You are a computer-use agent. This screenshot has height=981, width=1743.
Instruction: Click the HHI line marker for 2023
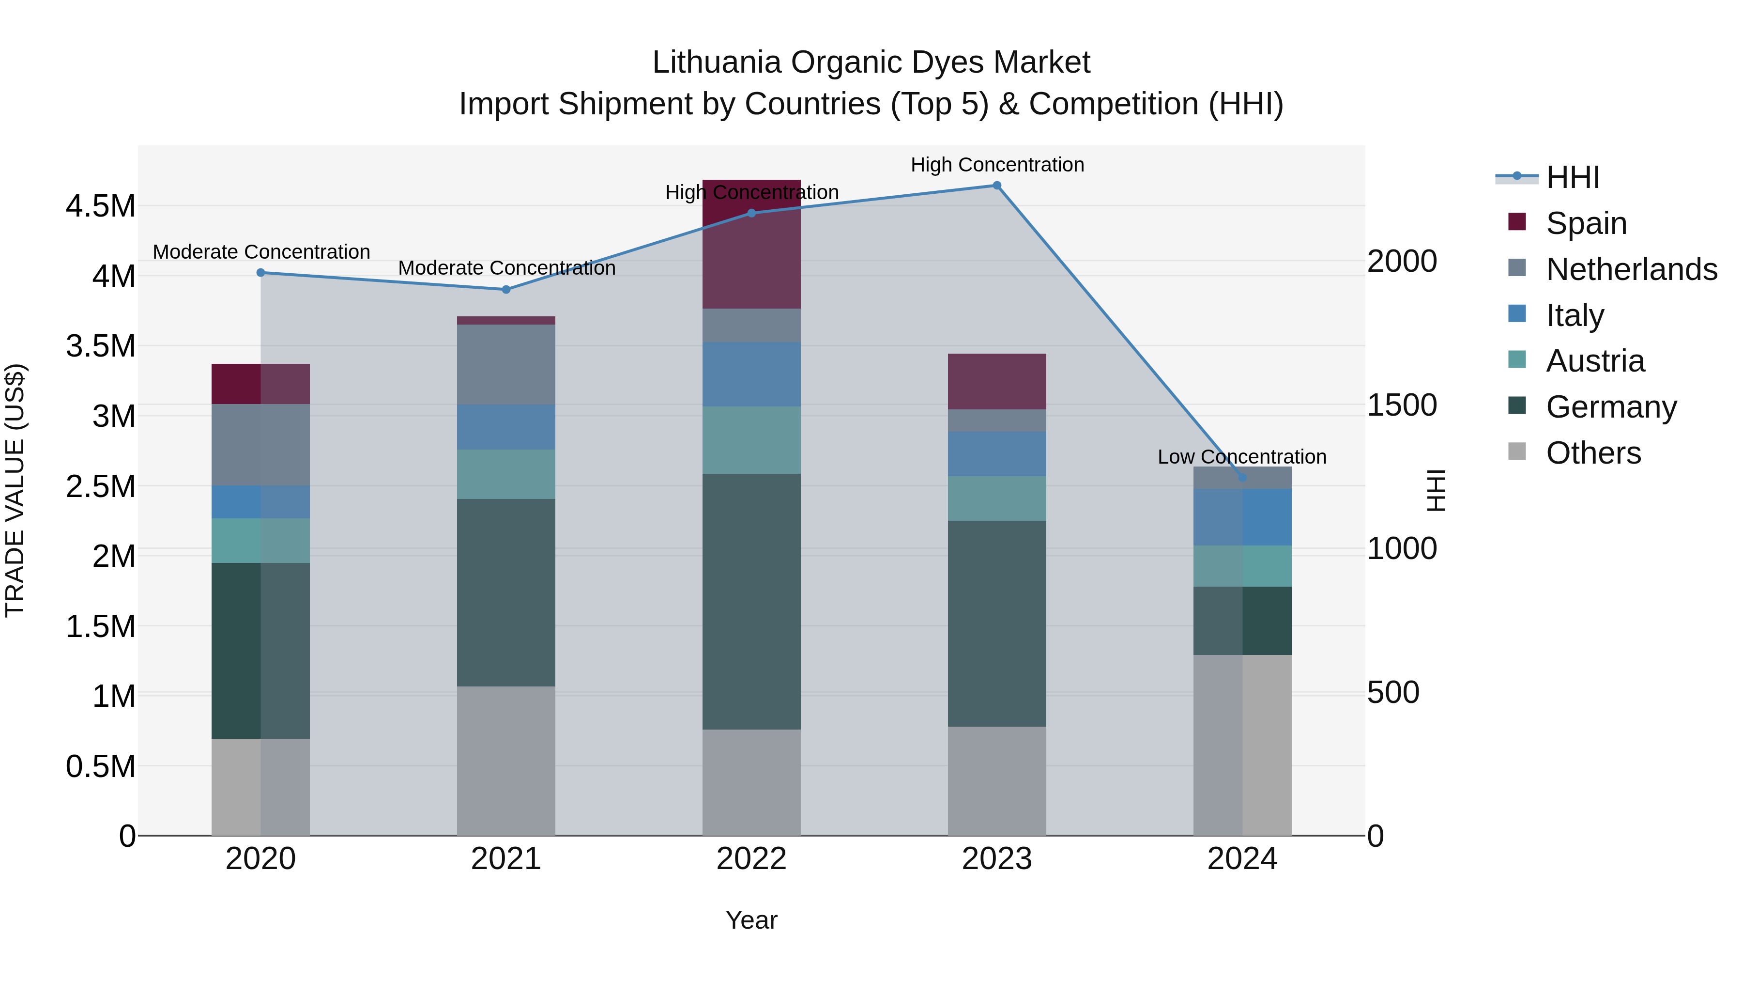[997, 186]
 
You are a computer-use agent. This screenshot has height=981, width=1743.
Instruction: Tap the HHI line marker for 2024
[1242, 477]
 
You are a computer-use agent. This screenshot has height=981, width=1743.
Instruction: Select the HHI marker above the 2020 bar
[260, 273]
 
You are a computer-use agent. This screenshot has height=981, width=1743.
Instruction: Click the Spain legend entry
[1585, 223]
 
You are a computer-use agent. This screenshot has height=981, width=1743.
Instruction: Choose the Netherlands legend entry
[1631, 269]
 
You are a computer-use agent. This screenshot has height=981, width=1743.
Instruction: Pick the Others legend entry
[1593, 453]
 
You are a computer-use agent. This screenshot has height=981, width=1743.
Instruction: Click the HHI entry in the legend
[1573, 177]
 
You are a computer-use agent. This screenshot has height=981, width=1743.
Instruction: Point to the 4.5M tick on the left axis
[100, 206]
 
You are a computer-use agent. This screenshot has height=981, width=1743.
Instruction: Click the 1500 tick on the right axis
[1402, 405]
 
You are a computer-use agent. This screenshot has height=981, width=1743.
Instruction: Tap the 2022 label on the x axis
[751, 859]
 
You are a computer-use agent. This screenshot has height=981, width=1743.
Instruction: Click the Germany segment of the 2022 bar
[751, 601]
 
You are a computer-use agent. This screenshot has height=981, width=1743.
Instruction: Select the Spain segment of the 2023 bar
[997, 381]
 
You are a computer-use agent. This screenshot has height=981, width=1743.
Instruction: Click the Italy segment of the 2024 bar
[1242, 517]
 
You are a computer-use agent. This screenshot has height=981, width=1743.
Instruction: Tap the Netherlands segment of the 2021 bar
[506, 364]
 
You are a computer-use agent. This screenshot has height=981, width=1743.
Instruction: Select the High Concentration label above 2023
[997, 165]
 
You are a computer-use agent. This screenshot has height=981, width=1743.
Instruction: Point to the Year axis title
[751, 920]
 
